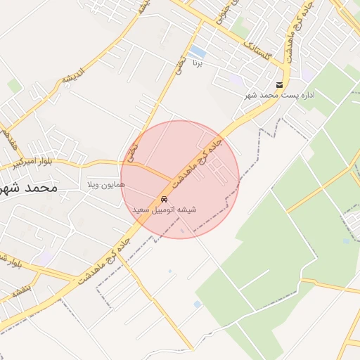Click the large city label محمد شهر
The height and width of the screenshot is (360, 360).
pyautogui.click(x=28, y=188)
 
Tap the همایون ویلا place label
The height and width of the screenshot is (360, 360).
pyautogui.click(x=105, y=184)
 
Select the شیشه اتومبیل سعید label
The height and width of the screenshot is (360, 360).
pyautogui.click(x=165, y=210)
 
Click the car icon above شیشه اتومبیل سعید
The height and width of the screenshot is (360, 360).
pyautogui.click(x=165, y=199)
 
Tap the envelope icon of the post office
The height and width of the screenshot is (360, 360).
pyautogui.click(x=280, y=85)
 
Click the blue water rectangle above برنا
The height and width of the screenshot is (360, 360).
pyautogui.click(x=198, y=52)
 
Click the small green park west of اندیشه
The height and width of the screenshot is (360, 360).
pyautogui.click(x=15, y=86)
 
